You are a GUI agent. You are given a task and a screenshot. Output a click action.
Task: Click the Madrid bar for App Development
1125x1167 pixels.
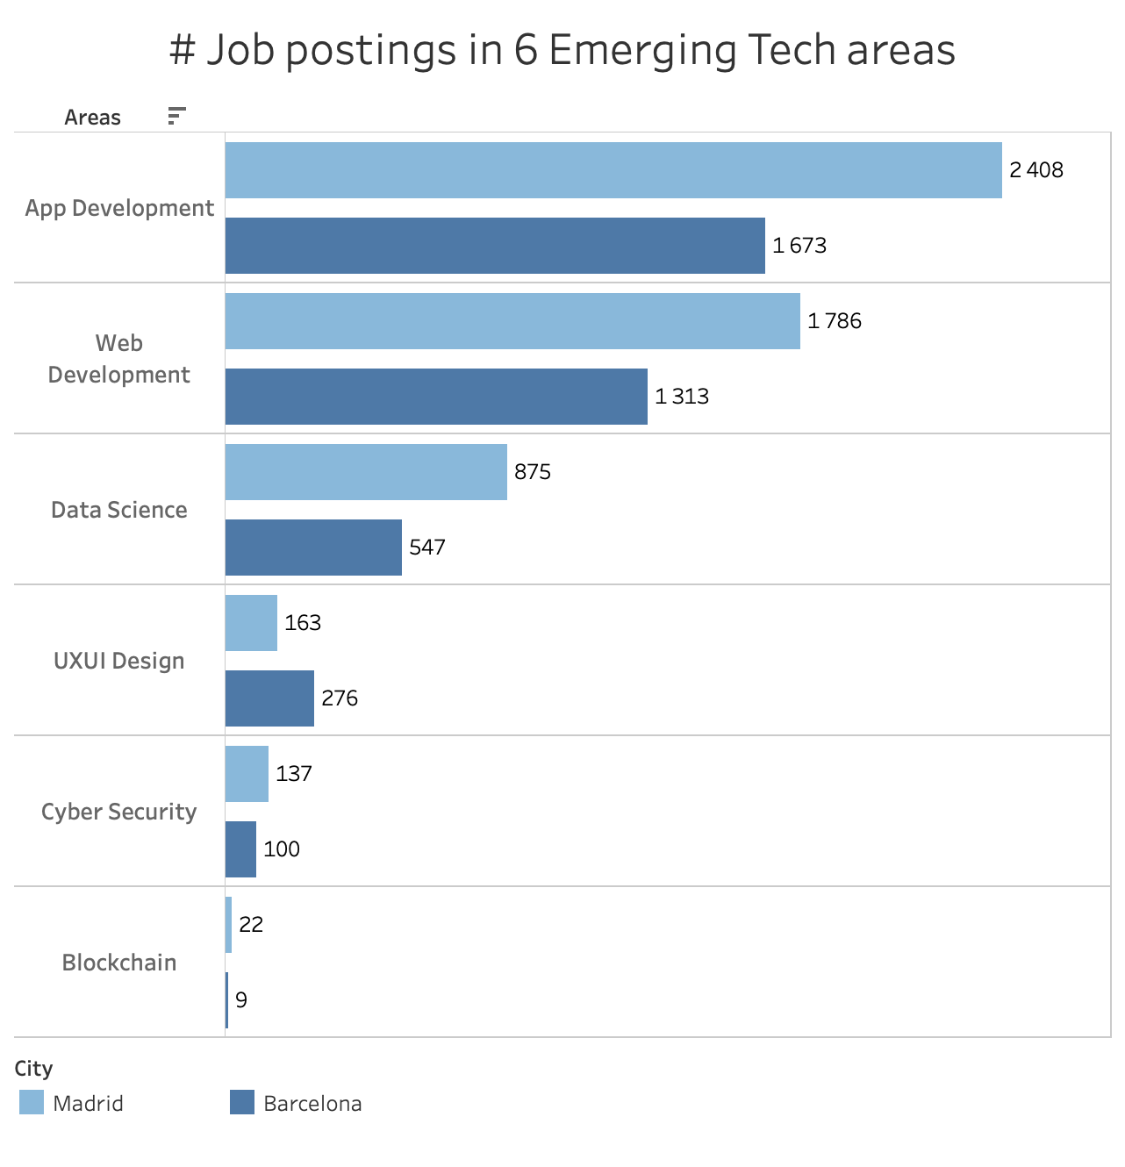click(613, 170)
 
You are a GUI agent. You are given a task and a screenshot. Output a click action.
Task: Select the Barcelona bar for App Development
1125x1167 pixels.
click(495, 246)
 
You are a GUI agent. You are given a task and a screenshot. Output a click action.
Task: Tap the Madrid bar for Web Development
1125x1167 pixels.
click(512, 321)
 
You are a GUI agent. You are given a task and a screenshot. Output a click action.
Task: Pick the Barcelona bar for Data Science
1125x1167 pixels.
click(313, 548)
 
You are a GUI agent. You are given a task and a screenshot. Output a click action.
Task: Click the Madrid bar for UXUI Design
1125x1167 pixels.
click(251, 623)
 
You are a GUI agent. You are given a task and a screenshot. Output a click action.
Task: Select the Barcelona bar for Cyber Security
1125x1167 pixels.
click(240, 849)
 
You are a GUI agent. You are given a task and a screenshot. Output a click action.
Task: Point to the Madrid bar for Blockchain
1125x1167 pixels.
click(229, 925)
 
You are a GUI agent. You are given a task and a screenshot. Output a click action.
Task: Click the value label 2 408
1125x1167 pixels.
click(1035, 170)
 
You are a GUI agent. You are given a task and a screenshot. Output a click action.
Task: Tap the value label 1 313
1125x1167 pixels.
click(682, 397)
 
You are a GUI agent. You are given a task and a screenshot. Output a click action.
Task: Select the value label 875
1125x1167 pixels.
click(533, 472)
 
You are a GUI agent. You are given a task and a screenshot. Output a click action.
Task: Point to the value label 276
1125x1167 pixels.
click(340, 698)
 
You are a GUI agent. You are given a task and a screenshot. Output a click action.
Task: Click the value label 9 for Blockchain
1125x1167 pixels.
click(241, 1000)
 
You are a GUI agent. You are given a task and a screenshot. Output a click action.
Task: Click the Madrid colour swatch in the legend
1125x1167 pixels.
click(32, 1102)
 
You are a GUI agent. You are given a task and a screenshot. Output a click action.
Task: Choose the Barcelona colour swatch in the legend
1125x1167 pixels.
click(242, 1102)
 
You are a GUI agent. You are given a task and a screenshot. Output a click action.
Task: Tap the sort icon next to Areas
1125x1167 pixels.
click(176, 116)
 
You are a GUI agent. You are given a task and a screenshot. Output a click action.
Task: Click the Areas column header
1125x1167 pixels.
click(92, 118)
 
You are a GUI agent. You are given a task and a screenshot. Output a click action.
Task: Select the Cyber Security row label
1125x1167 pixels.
click(119, 812)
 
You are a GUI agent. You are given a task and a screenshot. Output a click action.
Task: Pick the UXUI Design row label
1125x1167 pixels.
click(119, 661)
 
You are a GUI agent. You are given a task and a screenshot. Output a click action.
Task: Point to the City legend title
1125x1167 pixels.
click(33, 1068)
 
